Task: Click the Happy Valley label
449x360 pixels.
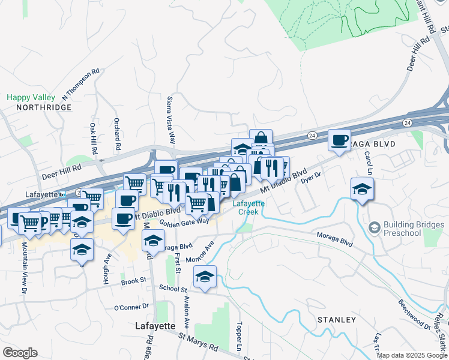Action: (x=31, y=97)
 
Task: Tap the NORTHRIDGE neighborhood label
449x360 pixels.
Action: (x=44, y=107)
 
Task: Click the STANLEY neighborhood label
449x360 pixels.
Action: (x=337, y=319)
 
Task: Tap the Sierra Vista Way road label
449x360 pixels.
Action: (x=171, y=120)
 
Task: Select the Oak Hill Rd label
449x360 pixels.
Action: (x=94, y=137)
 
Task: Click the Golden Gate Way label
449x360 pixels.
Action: (x=185, y=221)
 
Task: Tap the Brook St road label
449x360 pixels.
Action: (x=134, y=280)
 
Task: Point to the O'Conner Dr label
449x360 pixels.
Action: (x=131, y=307)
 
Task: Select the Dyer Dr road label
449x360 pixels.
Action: (x=312, y=176)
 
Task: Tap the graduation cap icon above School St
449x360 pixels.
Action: (x=205, y=277)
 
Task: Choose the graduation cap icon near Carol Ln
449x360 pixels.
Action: (x=363, y=189)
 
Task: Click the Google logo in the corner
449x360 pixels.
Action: (x=20, y=353)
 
